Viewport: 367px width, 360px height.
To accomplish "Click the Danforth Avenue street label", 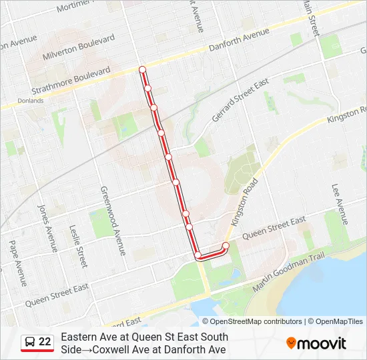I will tap(240, 41).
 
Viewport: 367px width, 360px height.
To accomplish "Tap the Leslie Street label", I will tap(78, 245).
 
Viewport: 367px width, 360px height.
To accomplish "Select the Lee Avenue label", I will tap(339, 203).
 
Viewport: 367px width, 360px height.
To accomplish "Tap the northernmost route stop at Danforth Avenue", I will tap(142, 69).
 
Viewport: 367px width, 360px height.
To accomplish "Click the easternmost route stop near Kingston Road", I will tap(226, 246).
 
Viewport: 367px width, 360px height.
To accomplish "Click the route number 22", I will tap(45, 342).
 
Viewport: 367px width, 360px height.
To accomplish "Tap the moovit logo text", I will tap(322, 344).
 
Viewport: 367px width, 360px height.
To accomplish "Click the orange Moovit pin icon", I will tap(291, 343).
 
